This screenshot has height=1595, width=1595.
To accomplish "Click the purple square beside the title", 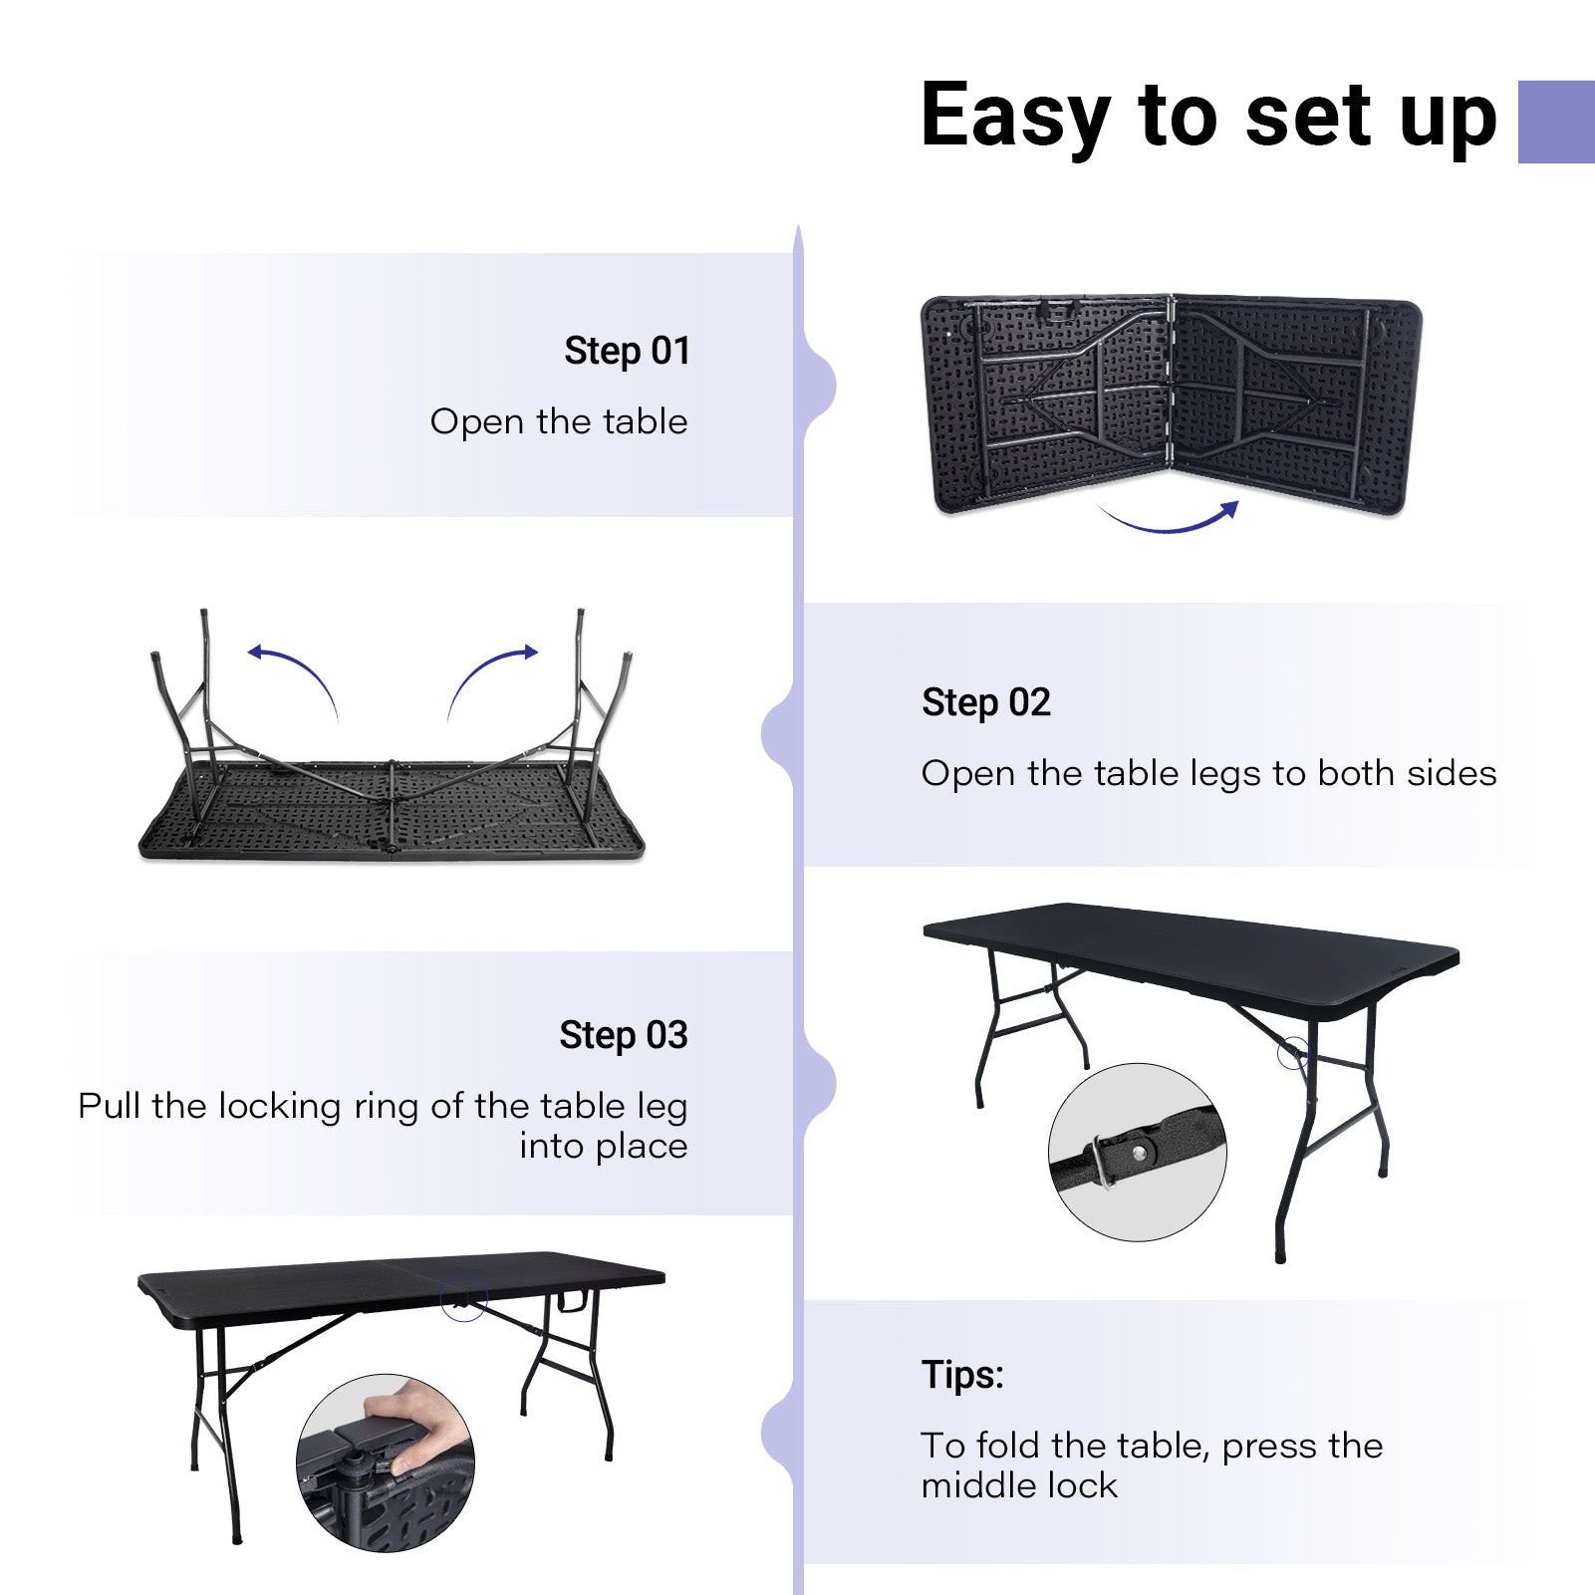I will pos(1555,122).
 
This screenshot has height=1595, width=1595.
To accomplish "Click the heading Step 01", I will pos(627,351).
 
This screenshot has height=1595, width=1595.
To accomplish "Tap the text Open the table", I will pos(558,421).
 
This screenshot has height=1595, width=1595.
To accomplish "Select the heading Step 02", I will pos(985,702).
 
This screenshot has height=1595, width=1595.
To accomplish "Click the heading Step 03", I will pos(623,1035).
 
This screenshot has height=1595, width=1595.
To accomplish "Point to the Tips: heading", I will pos(962,1375).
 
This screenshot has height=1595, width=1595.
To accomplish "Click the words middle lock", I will pos(1018,1485).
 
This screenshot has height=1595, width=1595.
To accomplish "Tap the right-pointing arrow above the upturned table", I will pos(492,672).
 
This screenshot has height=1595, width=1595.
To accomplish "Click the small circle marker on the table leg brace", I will pos(1293,1053).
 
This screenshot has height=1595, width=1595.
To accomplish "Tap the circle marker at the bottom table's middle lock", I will pos(463,1297).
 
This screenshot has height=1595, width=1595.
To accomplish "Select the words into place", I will pos(603,1147).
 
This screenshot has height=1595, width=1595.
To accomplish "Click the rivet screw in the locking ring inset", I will pos(1138,1153).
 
